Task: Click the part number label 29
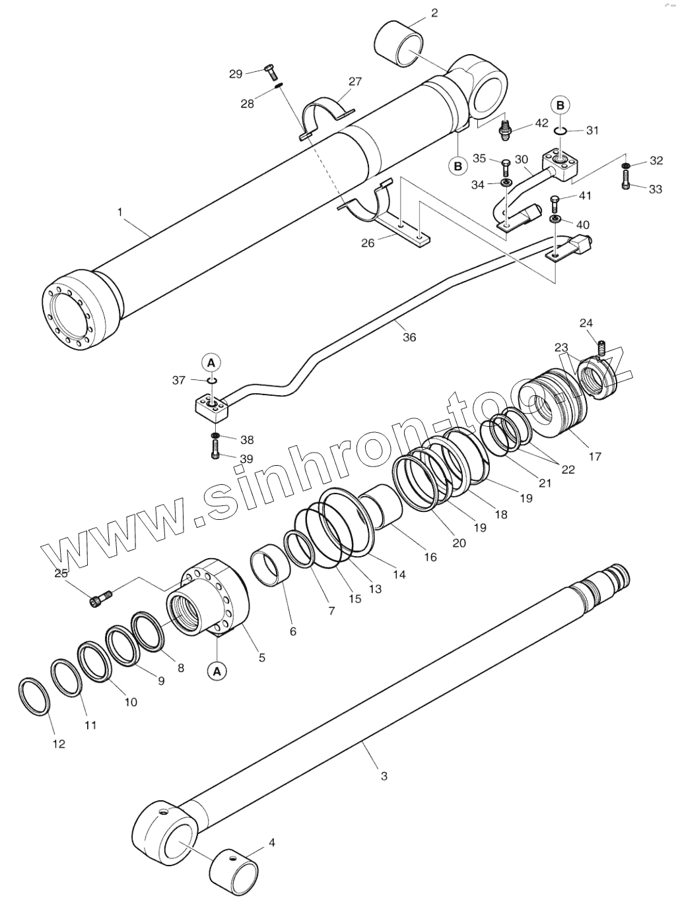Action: tap(236, 74)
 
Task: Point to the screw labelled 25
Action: tap(100, 598)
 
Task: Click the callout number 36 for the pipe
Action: tap(409, 337)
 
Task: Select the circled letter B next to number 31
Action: tap(560, 106)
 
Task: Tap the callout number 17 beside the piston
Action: tap(595, 456)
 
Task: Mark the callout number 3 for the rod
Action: tap(384, 776)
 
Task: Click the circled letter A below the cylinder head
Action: tap(217, 671)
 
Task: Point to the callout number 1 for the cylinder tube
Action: tap(119, 212)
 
